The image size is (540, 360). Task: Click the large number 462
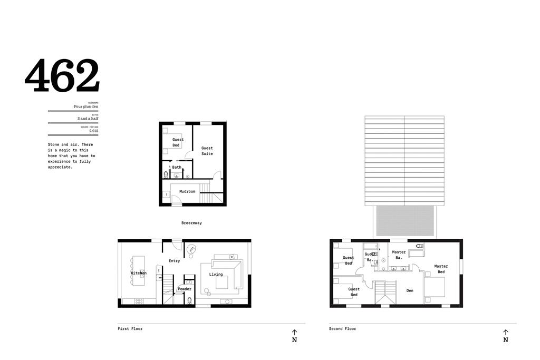[x=62, y=76]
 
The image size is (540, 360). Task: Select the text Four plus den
[x=86, y=107]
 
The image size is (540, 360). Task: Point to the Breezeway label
[x=191, y=223]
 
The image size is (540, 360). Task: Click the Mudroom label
[x=187, y=191]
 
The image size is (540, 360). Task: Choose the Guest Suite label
[x=207, y=151]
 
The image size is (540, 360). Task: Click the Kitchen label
[x=139, y=273]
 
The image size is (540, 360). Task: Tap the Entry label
[x=174, y=261]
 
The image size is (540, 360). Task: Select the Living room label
[x=216, y=275]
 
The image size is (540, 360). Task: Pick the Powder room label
[x=185, y=289]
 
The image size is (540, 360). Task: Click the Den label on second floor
[x=410, y=290]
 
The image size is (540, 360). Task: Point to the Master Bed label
[x=441, y=269]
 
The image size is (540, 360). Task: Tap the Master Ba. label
[x=399, y=255]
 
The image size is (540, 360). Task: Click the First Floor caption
[x=130, y=329]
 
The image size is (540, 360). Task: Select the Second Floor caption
[x=342, y=329]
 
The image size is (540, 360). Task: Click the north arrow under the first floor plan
[x=294, y=336]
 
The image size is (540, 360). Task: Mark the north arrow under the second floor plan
[x=505, y=336]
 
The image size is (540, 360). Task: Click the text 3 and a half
[x=88, y=119]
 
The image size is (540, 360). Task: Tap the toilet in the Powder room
[x=189, y=301]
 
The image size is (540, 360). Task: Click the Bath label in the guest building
[x=177, y=168]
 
